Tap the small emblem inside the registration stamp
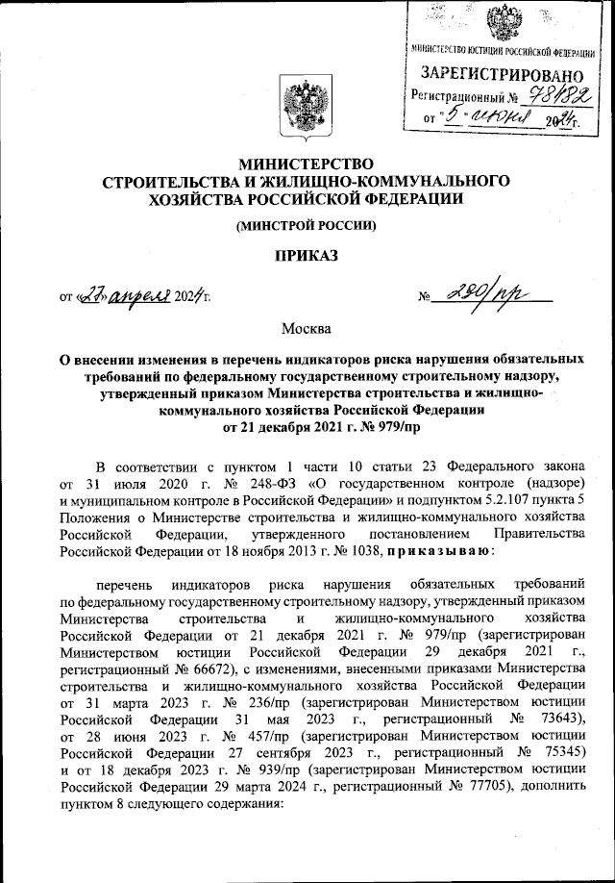point(503,21)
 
